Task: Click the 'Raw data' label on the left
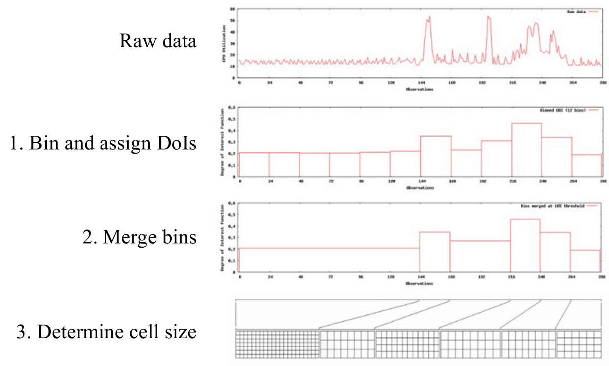158,41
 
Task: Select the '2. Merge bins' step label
139,237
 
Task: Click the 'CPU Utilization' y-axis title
224,43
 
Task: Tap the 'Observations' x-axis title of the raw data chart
419,89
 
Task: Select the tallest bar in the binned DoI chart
526,150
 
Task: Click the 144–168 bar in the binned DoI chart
436,156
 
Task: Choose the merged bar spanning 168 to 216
480,256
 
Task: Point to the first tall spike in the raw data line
428,19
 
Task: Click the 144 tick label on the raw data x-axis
422,83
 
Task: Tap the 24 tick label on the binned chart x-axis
270,181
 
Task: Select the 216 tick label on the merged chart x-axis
511,277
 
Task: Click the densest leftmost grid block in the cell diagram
277,344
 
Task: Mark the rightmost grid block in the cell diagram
578,344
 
